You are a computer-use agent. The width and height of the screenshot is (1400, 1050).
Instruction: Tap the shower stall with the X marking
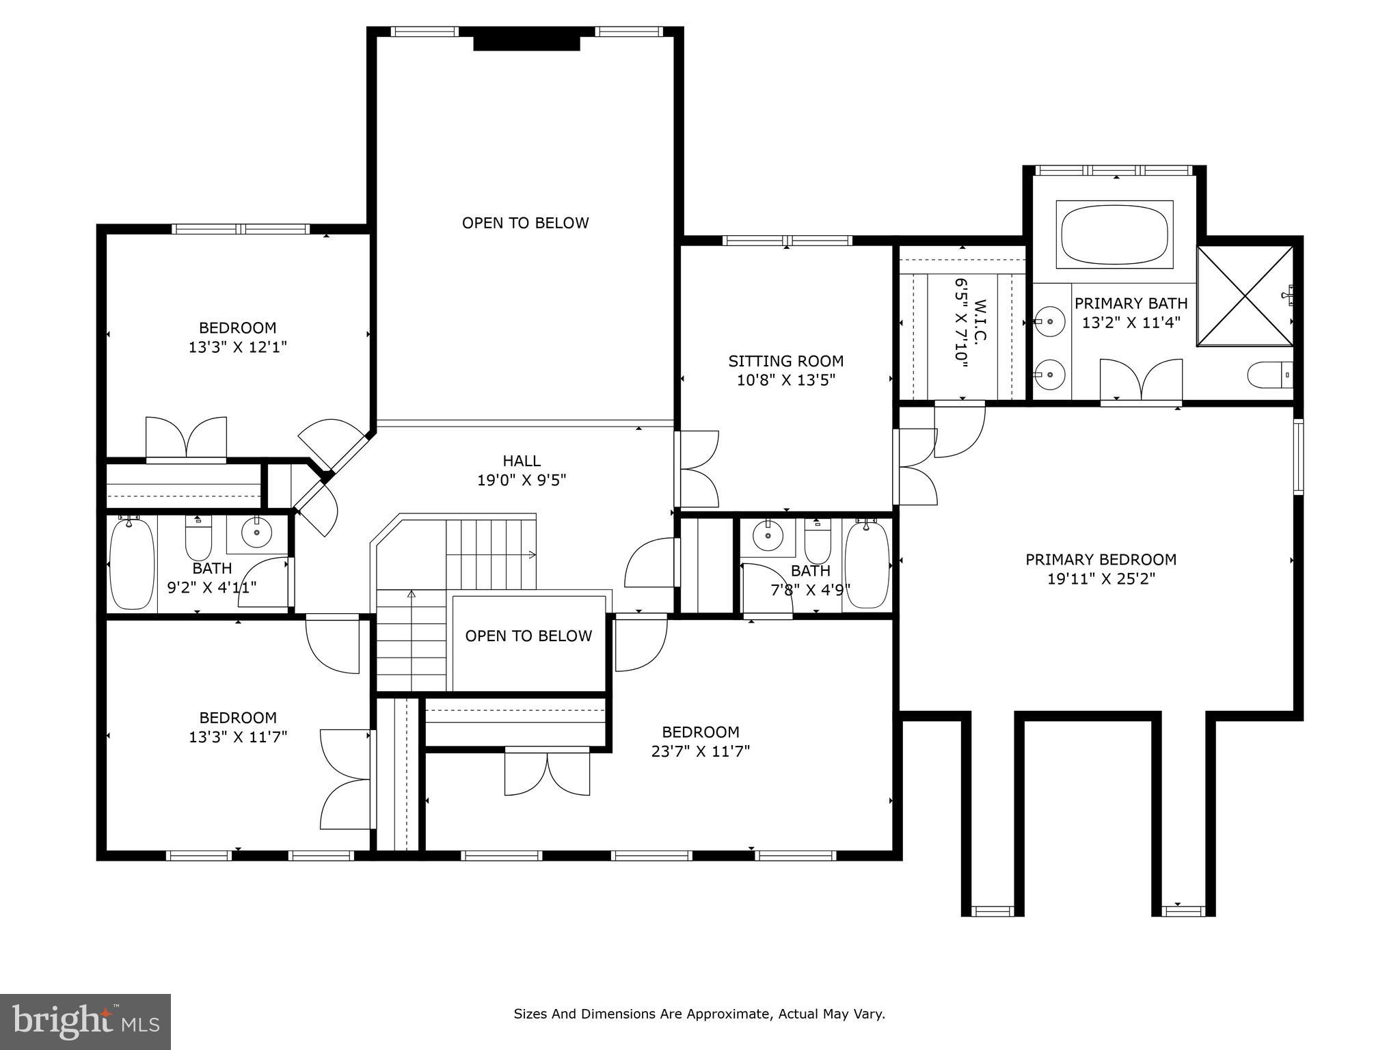pyautogui.click(x=1244, y=295)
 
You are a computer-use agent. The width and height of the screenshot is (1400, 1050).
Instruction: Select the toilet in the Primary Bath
pyautogui.click(x=1268, y=375)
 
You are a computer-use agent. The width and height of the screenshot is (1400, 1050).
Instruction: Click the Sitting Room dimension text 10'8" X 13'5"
pyautogui.click(x=785, y=380)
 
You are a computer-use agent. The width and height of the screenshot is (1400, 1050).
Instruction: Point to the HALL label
pyautogui.click(x=522, y=461)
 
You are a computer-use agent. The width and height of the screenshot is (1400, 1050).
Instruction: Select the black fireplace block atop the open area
pyautogui.click(x=526, y=43)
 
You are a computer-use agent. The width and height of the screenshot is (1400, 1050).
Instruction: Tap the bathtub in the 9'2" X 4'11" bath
pyautogui.click(x=132, y=565)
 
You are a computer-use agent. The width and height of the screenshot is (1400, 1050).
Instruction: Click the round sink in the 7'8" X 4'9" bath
pyautogui.click(x=768, y=535)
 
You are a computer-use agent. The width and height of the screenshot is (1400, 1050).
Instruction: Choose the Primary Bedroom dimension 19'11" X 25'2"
pyautogui.click(x=1101, y=579)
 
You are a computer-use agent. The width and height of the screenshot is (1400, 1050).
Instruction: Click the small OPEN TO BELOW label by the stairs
pyautogui.click(x=528, y=636)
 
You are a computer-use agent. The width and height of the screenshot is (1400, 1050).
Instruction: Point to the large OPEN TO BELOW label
pyautogui.click(x=525, y=223)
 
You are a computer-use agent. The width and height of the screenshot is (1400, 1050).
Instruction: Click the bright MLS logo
pyautogui.click(x=85, y=1021)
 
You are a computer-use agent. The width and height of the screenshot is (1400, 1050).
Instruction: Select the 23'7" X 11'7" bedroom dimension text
pyautogui.click(x=700, y=751)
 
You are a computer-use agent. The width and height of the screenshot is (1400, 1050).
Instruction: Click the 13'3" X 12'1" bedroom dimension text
pyautogui.click(x=237, y=347)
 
